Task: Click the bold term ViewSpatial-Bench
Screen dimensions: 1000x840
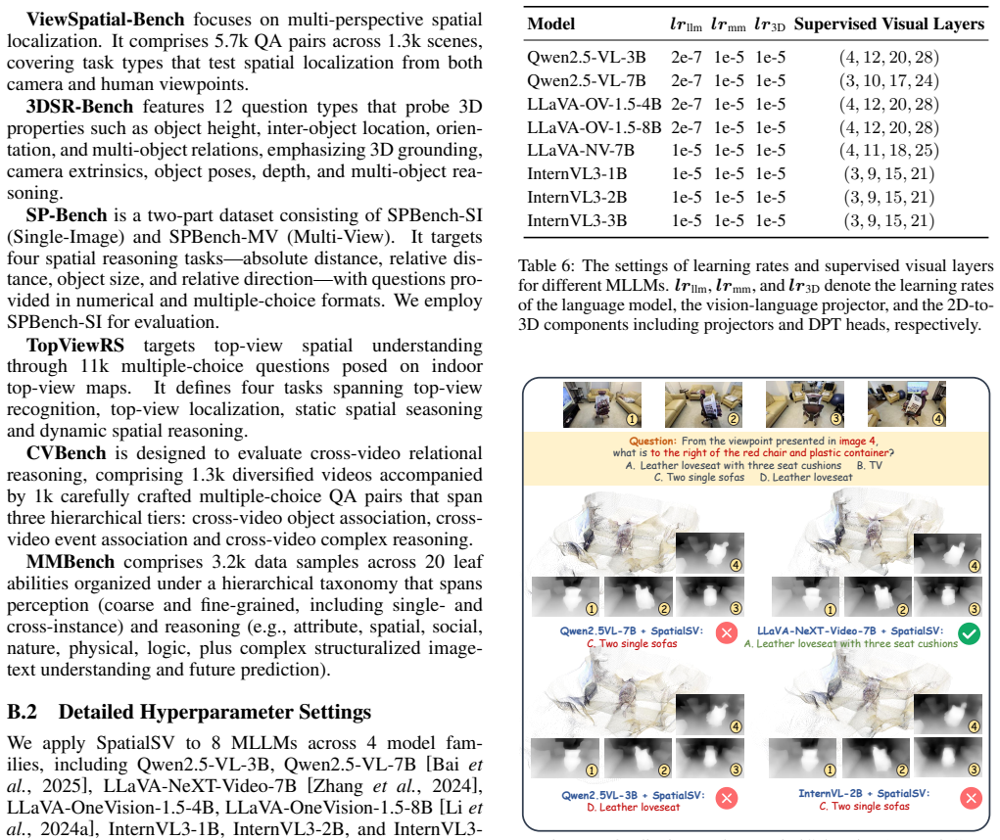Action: (x=105, y=20)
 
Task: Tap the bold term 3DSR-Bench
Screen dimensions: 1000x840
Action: (x=79, y=107)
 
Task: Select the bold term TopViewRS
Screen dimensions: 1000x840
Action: (x=75, y=346)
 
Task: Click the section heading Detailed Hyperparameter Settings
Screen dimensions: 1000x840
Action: (x=214, y=712)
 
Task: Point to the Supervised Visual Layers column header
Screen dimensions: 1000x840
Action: (x=889, y=24)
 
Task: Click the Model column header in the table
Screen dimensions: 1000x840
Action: (x=551, y=24)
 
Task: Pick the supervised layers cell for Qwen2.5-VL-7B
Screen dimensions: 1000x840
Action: (x=889, y=81)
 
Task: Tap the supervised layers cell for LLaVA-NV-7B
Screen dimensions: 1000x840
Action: (x=889, y=151)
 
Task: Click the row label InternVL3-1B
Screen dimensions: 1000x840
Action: (x=577, y=174)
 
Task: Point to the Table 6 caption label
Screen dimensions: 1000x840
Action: (x=547, y=265)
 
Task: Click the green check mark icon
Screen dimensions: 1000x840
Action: (x=970, y=633)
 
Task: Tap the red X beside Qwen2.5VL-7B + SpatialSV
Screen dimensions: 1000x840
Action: (x=727, y=632)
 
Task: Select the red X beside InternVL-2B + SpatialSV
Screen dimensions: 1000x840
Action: (x=971, y=798)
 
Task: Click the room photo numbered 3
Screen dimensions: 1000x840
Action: (x=805, y=404)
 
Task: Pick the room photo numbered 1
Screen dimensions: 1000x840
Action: (x=602, y=404)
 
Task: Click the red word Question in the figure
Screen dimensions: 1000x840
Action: (x=651, y=441)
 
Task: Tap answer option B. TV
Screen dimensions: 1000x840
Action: (x=870, y=465)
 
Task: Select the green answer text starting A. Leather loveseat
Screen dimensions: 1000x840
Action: (x=851, y=643)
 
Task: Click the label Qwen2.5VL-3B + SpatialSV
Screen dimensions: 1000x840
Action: (x=633, y=795)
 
